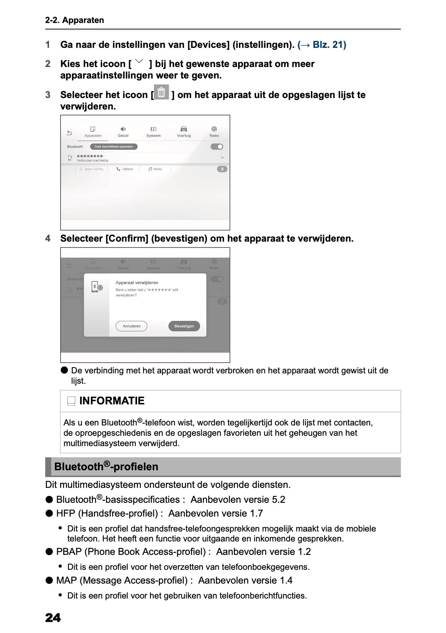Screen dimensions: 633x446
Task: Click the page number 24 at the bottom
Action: coord(53,618)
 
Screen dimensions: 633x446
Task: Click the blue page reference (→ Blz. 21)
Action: coord(322,45)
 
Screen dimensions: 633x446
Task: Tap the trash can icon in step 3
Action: coord(162,92)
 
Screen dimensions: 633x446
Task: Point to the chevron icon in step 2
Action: coord(140,61)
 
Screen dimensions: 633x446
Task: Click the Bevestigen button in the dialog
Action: coord(184,326)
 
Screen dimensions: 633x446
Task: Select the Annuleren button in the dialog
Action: coord(131,326)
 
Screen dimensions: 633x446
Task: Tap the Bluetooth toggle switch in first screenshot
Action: coord(217,147)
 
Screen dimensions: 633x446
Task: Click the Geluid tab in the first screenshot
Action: coord(123,132)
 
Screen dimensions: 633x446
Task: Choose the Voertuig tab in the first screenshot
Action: coord(184,132)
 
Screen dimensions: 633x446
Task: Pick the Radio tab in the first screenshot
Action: coord(214,132)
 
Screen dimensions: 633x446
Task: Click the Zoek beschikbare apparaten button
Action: coord(114,147)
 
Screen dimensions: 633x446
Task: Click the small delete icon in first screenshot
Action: coord(222,169)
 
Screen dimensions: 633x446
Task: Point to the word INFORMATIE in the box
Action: coord(112,401)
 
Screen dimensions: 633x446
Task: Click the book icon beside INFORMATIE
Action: coord(71,401)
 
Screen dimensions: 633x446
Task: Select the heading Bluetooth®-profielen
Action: coord(106,466)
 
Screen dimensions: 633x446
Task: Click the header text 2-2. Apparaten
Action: coord(75,20)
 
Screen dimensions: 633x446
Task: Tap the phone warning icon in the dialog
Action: coord(96,286)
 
